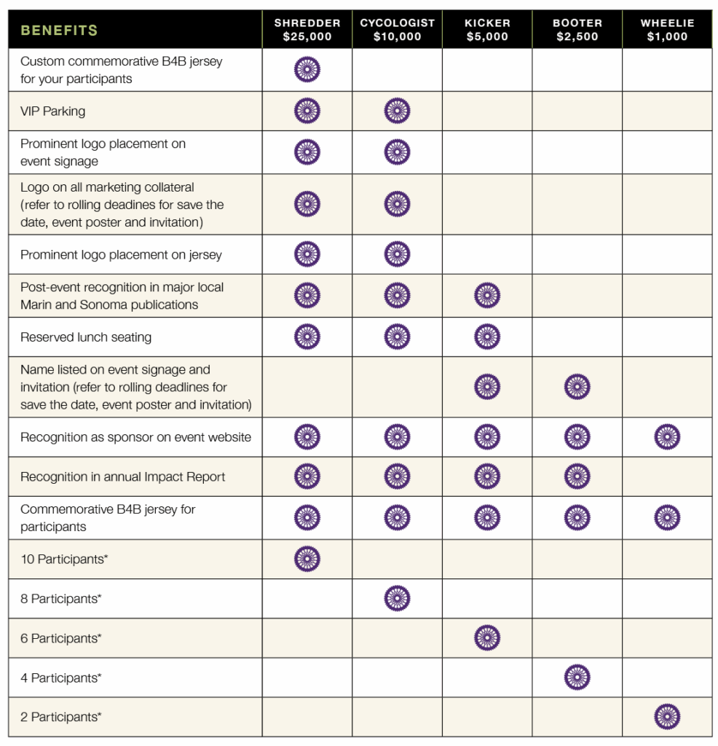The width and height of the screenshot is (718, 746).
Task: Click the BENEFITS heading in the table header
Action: click(59, 31)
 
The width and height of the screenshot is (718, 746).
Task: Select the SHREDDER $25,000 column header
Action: click(307, 30)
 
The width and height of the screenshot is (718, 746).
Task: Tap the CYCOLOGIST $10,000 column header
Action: click(397, 30)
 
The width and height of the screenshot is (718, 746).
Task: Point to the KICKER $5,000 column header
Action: click(486, 30)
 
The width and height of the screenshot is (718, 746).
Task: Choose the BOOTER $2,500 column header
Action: click(577, 30)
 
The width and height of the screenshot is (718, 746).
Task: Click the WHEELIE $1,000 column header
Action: click(667, 30)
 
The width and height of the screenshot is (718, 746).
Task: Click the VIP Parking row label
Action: click(52, 111)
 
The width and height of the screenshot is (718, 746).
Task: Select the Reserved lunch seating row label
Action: click(86, 337)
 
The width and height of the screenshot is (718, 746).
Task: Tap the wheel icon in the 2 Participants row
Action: click(667, 717)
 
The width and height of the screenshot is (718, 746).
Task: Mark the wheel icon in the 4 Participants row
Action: click(577, 678)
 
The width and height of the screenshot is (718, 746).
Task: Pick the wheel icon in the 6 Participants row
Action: click(487, 638)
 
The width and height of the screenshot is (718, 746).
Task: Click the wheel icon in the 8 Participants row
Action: click(397, 599)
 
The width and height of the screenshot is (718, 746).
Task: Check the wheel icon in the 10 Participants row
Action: click(307, 559)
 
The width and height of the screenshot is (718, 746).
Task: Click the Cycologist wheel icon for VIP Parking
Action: click(397, 111)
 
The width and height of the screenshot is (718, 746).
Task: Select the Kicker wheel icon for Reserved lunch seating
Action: click(487, 337)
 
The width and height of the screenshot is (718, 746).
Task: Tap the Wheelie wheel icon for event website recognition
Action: click(667, 437)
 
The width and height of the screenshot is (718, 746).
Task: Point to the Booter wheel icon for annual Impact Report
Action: click(577, 476)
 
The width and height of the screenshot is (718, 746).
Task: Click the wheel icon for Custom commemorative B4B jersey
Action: click(307, 70)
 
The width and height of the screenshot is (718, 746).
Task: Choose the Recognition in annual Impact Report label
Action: click(122, 477)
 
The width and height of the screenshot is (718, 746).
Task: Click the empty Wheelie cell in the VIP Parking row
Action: click(667, 111)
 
